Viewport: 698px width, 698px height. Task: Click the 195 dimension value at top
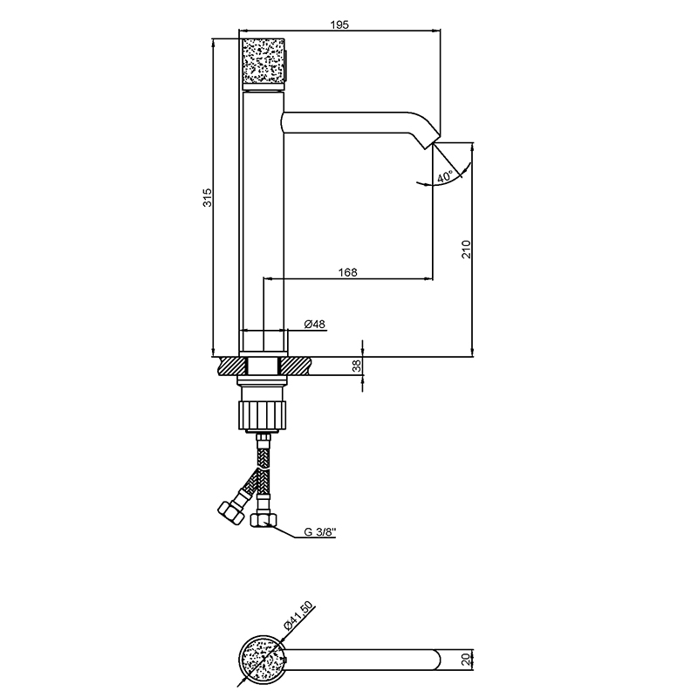339,25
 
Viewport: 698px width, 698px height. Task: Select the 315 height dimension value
207,198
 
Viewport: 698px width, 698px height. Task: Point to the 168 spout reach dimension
347,272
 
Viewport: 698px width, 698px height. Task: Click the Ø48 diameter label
315,325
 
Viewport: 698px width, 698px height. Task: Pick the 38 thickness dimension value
356,366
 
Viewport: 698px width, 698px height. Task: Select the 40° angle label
444,177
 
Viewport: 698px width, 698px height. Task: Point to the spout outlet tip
428,145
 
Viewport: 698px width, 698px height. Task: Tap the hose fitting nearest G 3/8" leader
263,520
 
